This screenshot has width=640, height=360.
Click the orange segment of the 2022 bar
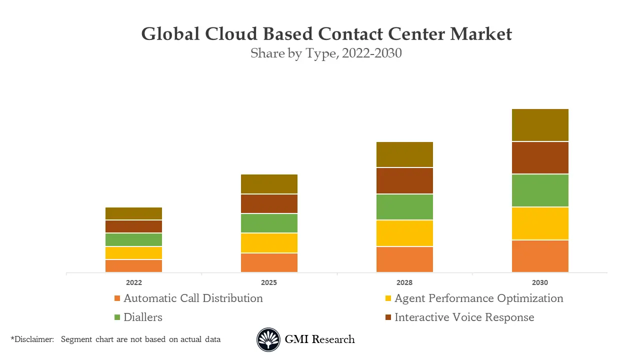(x=133, y=266)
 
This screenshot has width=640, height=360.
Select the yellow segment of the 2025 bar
(x=269, y=243)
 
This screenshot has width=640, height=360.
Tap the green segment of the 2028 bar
(x=404, y=207)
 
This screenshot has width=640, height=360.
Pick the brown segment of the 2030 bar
(x=540, y=158)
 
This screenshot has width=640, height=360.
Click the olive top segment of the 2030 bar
(x=540, y=125)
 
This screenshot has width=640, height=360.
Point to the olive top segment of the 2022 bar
(x=133, y=213)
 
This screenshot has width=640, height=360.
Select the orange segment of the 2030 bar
(x=540, y=256)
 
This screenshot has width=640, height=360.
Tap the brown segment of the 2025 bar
(x=269, y=204)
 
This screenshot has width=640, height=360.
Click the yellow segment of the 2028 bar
(x=404, y=233)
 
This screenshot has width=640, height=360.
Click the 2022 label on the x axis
(x=133, y=282)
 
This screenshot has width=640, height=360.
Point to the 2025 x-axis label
(x=269, y=282)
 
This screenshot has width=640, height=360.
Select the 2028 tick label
(x=404, y=282)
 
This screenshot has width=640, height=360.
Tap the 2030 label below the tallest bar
(x=540, y=282)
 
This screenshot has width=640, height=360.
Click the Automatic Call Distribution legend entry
(x=192, y=298)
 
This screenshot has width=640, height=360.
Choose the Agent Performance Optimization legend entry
(x=478, y=298)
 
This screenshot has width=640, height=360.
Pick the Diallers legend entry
(x=142, y=317)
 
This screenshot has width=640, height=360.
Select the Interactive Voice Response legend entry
(x=464, y=317)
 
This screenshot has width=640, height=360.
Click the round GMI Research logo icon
(x=268, y=339)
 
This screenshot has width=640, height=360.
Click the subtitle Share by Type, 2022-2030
(x=326, y=53)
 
